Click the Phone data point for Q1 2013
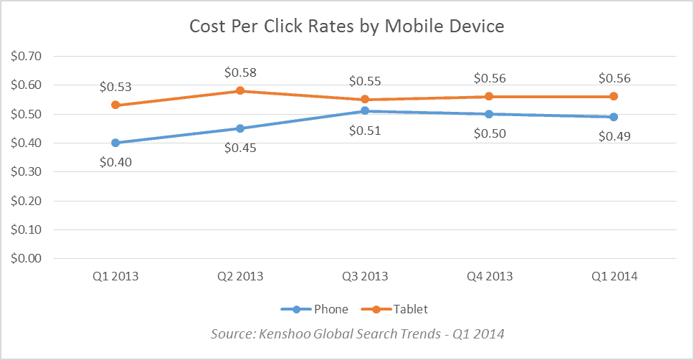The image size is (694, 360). pyautogui.click(x=116, y=143)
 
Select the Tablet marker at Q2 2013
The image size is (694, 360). pyautogui.click(x=241, y=91)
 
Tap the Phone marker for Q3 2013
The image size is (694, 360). pyautogui.click(x=366, y=111)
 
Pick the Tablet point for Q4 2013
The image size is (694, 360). pyautogui.click(x=490, y=97)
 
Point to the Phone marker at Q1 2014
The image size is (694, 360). pyautogui.click(x=614, y=117)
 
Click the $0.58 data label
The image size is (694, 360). pyautogui.click(x=241, y=72)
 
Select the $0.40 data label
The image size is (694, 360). pyautogui.click(x=116, y=162)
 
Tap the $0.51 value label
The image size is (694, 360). pyautogui.click(x=366, y=131)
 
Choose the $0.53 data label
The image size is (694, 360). pyautogui.click(x=116, y=87)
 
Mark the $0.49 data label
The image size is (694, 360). pyautogui.click(x=614, y=136)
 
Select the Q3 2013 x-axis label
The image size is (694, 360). pyautogui.click(x=366, y=276)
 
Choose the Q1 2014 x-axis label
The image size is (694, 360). pyautogui.click(x=614, y=276)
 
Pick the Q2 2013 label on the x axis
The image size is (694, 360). pyautogui.click(x=241, y=276)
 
